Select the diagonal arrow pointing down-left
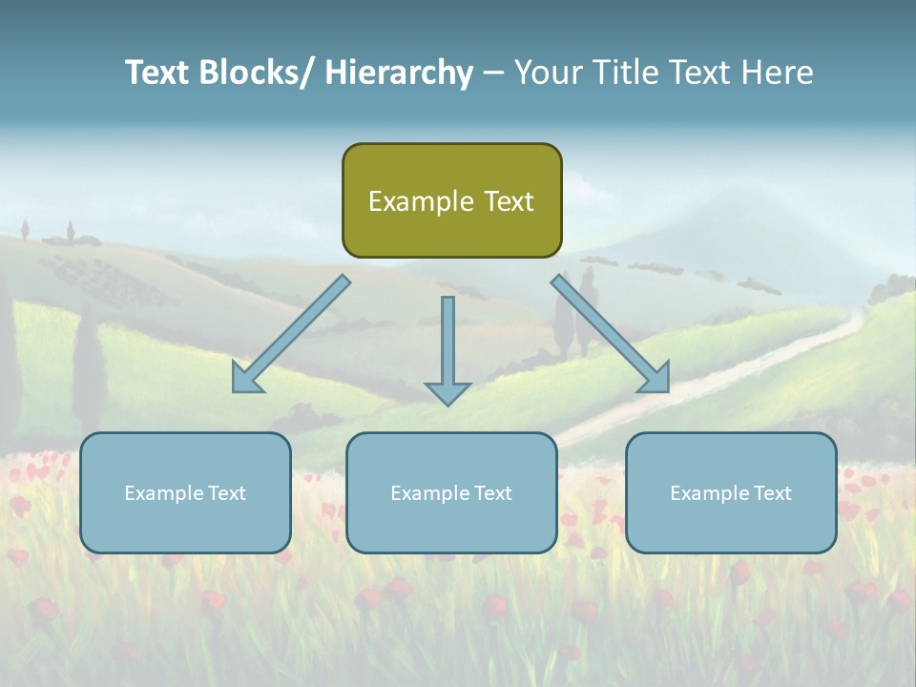click(291, 335)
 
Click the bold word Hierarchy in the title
click(399, 73)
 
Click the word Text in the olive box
click(507, 201)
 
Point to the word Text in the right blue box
click(772, 493)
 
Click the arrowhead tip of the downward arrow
click(448, 404)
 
